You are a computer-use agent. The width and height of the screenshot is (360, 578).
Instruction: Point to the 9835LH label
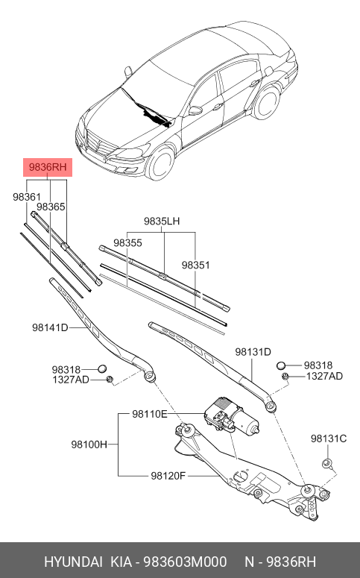coord(162,222)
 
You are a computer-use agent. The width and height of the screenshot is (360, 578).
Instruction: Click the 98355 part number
coord(127,243)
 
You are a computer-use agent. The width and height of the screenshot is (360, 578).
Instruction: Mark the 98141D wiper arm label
coord(50,327)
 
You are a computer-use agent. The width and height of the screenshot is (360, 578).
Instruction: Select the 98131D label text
coord(253,351)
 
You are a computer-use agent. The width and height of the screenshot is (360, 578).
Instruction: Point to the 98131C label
coord(328,439)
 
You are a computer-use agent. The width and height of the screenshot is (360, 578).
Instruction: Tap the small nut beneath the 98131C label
coord(326,465)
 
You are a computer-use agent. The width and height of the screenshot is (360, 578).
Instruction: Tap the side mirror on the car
coord(195,110)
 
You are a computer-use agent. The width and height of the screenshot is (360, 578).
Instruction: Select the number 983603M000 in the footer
coord(186,562)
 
